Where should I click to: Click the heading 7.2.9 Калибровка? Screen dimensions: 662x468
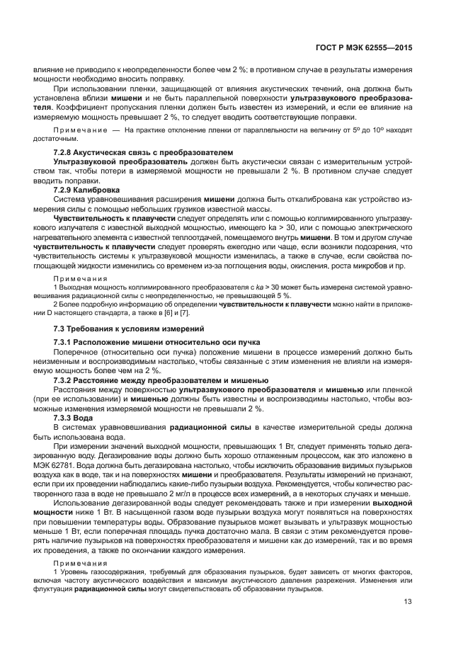[87, 190]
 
